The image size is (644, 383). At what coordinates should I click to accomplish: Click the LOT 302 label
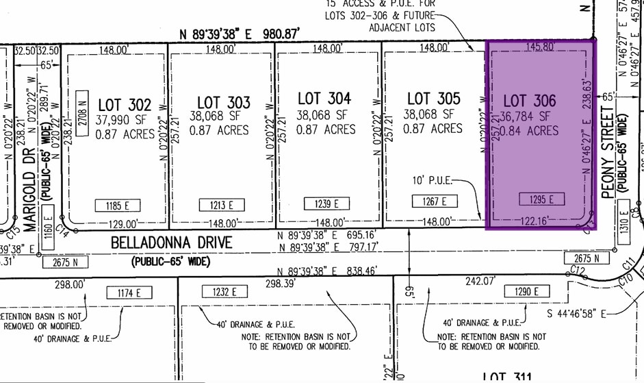pyautogui.click(x=125, y=105)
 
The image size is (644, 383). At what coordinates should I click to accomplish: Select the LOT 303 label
pyautogui.click(x=224, y=102)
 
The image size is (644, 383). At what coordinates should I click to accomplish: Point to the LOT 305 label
pyautogui.click(x=434, y=99)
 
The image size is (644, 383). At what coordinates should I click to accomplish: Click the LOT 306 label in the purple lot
pyautogui.click(x=529, y=101)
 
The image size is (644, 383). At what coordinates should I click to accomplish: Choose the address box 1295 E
pyautogui.click(x=541, y=199)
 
